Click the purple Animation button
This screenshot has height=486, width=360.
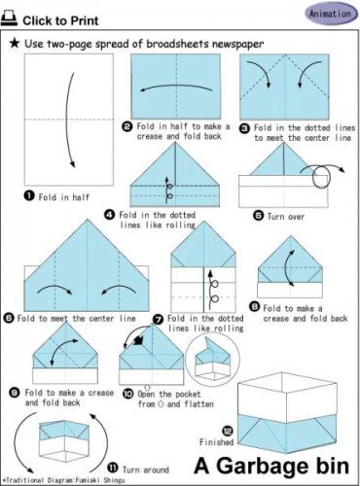pyautogui.click(x=331, y=15)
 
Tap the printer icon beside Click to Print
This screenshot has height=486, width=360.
pyautogui.click(x=9, y=19)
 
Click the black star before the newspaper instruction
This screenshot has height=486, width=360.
pyautogui.click(x=15, y=44)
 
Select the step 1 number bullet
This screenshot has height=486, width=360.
pyautogui.click(x=29, y=195)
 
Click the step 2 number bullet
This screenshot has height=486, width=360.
pyautogui.click(x=127, y=127)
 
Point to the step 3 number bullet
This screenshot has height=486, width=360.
pyautogui.click(x=244, y=128)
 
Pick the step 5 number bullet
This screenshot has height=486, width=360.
pyautogui.click(x=258, y=216)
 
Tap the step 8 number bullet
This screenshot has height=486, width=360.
pyautogui.click(x=255, y=306)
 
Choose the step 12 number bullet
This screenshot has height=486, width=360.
pyautogui.click(x=228, y=431)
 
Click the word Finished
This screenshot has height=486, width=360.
pyautogui.click(x=216, y=442)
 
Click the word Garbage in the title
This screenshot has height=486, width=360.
pyautogui.click(x=262, y=467)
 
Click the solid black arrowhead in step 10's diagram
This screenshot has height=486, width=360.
pyautogui.click(x=138, y=340)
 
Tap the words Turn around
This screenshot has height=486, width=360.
pyautogui.click(x=146, y=469)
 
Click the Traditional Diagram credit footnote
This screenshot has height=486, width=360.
pyautogui.click(x=63, y=480)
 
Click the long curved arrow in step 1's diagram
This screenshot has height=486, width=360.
pyautogui.click(x=66, y=120)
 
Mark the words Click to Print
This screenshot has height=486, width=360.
pyautogui.click(x=60, y=20)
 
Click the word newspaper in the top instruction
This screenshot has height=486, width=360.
pyautogui.click(x=237, y=44)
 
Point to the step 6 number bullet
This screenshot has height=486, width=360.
pyautogui.click(x=9, y=318)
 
